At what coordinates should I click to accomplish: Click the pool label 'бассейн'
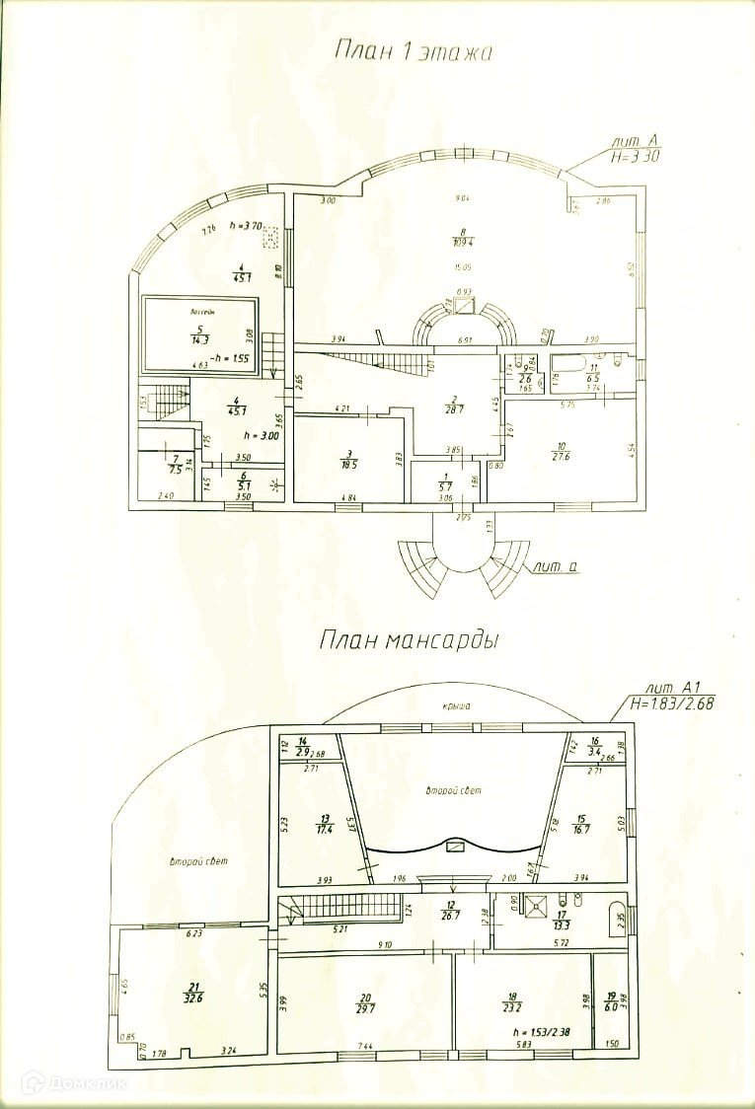(203, 312)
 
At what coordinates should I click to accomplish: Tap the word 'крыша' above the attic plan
(455, 705)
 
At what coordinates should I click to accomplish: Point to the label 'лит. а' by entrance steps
(553, 567)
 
